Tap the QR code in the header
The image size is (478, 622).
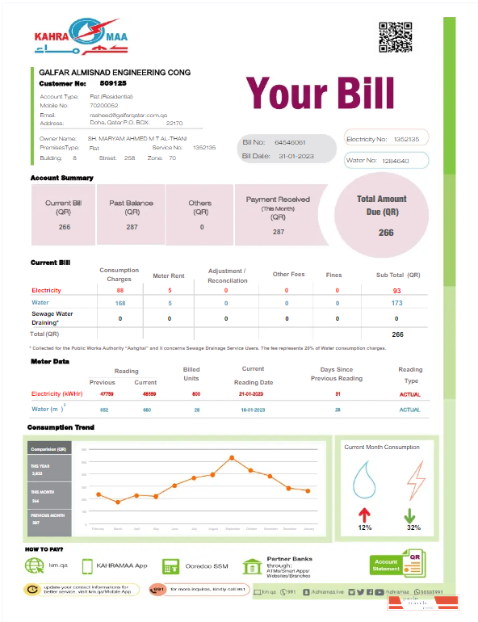point(396,37)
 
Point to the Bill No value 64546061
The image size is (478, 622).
point(290,142)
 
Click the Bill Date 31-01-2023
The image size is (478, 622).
point(290,155)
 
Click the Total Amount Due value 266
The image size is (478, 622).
point(386,233)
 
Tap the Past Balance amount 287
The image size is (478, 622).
point(132,227)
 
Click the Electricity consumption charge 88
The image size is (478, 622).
point(120,290)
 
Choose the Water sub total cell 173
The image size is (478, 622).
point(396,303)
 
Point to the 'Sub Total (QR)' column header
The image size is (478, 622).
point(398,275)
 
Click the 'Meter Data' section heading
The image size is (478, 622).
point(49,361)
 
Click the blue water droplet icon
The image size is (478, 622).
point(365,481)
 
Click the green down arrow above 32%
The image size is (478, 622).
point(410,515)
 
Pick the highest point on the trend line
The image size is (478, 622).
point(232,458)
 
